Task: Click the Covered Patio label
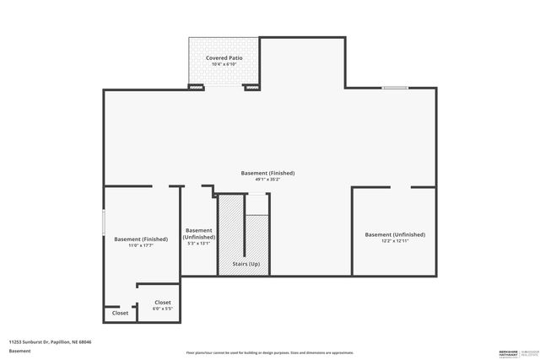tap(224, 57)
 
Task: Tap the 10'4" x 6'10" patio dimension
tap(224, 64)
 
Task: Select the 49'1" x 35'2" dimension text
tap(269, 179)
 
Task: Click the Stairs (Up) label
tap(245, 265)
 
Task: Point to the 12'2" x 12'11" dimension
tap(394, 241)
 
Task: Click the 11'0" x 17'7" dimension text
tap(141, 245)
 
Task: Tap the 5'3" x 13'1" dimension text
tap(199, 244)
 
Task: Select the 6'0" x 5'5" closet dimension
tap(163, 309)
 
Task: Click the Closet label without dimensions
tap(120, 313)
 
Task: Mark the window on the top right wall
tap(395, 88)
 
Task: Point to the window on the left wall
tap(104, 223)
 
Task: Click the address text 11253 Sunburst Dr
tap(50, 342)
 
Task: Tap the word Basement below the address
tap(19, 350)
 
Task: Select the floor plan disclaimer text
tap(269, 352)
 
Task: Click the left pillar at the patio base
tap(196, 87)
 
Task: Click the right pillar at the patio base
tap(252, 87)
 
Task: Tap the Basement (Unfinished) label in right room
tap(394, 234)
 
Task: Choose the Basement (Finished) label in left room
tap(141, 239)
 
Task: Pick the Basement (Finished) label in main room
tap(269, 172)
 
